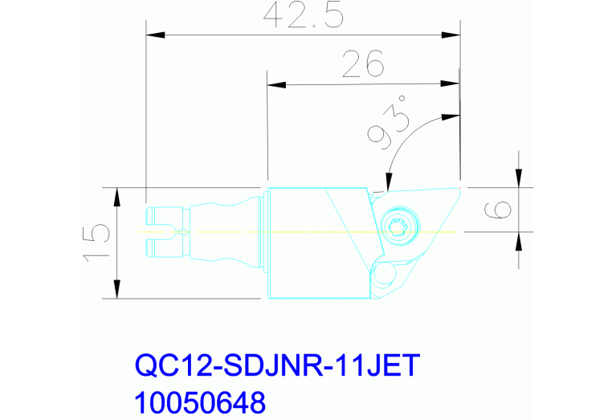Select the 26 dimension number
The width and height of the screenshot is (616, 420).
pyautogui.click(x=362, y=63)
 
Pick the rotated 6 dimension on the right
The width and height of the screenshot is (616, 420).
pyautogui.click(x=499, y=210)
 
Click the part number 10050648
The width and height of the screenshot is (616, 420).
pyautogui.click(x=199, y=399)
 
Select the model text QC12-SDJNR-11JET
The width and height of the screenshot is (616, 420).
pyautogui.click(x=277, y=367)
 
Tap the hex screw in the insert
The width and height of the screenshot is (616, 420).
pyautogui.click(x=399, y=227)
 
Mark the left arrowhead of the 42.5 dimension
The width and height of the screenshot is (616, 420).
pyautogui.click(x=153, y=35)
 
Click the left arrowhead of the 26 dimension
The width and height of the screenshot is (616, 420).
pyautogui.click(x=275, y=84)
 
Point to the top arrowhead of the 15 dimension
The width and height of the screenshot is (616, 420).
pyautogui.click(x=117, y=195)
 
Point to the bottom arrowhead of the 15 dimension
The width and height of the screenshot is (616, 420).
pyautogui.click(x=117, y=290)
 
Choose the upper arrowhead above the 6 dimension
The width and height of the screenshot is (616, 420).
pyautogui.click(x=519, y=179)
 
